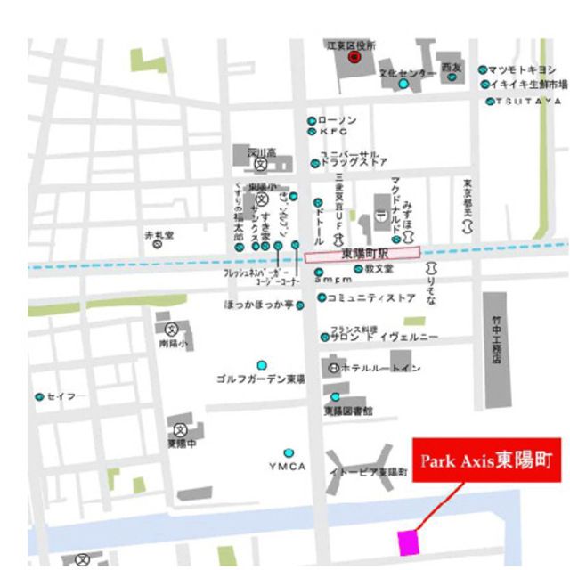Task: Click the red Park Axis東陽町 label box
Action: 487,460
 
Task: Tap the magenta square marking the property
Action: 408,541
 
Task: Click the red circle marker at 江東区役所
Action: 354,59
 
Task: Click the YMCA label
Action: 287,467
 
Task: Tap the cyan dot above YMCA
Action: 288,452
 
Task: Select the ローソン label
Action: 338,120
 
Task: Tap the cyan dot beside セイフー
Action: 40,396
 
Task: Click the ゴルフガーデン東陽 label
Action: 261,379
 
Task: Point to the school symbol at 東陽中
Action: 179,429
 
